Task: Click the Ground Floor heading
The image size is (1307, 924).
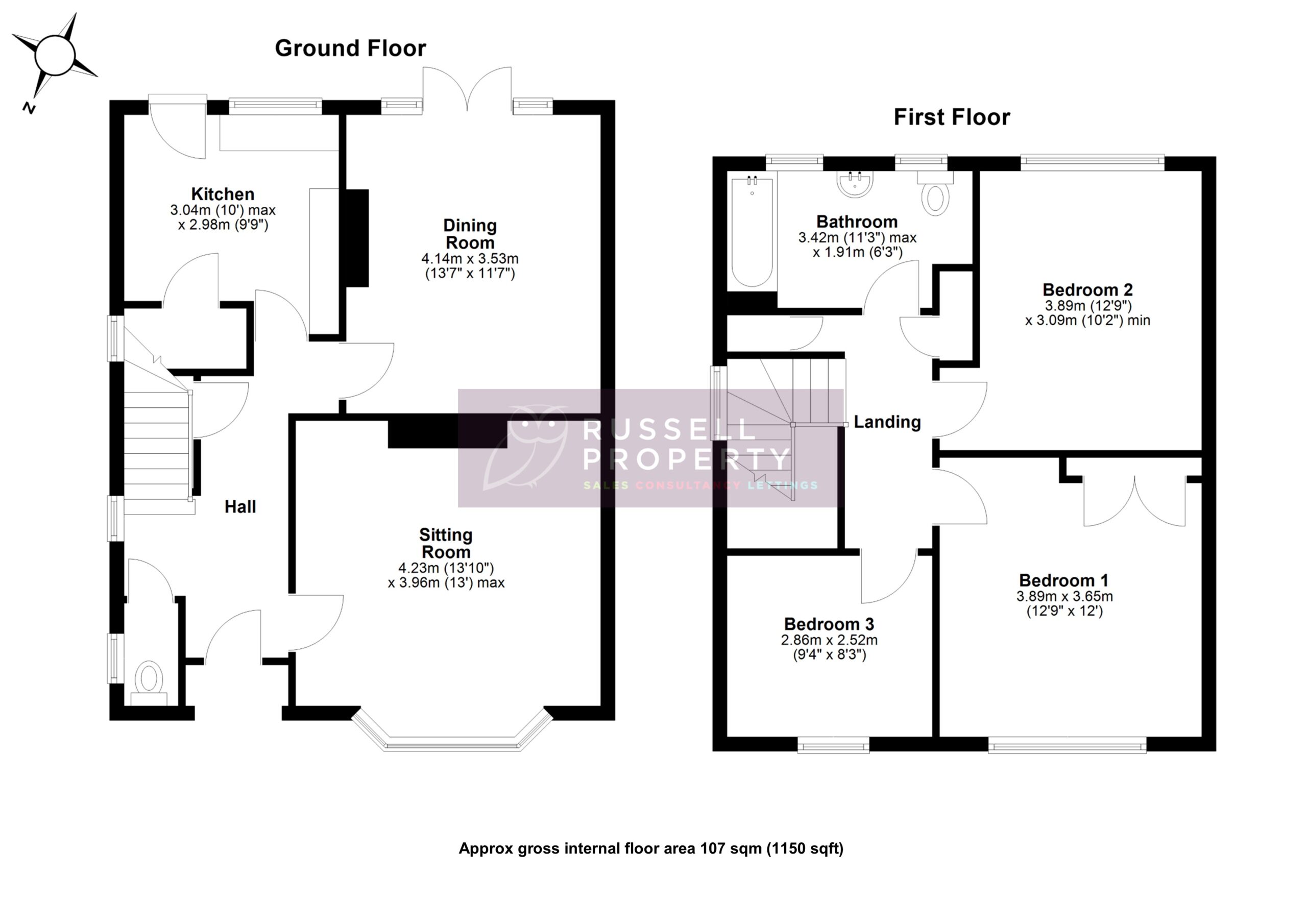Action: (x=350, y=48)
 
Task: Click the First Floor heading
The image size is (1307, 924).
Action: (x=951, y=117)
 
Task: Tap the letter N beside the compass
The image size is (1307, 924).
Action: (x=29, y=108)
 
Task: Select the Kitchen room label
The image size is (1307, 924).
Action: (x=223, y=194)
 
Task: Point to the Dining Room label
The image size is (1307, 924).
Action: (x=470, y=234)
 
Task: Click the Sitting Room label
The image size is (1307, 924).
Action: (x=446, y=543)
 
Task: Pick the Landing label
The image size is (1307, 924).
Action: (x=887, y=422)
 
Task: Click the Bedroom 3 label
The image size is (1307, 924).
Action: (x=829, y=624)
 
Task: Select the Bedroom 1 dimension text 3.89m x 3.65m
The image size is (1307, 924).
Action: (x=1064, y=596)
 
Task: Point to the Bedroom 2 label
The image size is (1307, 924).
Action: (x=1087, y=290)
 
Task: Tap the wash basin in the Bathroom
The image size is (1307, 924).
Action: (x=855, y=184)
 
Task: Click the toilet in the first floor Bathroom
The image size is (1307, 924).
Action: (x=935, y=194)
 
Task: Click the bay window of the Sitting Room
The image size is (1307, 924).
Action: (x=452, y=743)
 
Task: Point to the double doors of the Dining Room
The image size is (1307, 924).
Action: (x=467, y=88)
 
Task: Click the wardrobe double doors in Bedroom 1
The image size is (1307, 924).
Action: (x=1134, y=501)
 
